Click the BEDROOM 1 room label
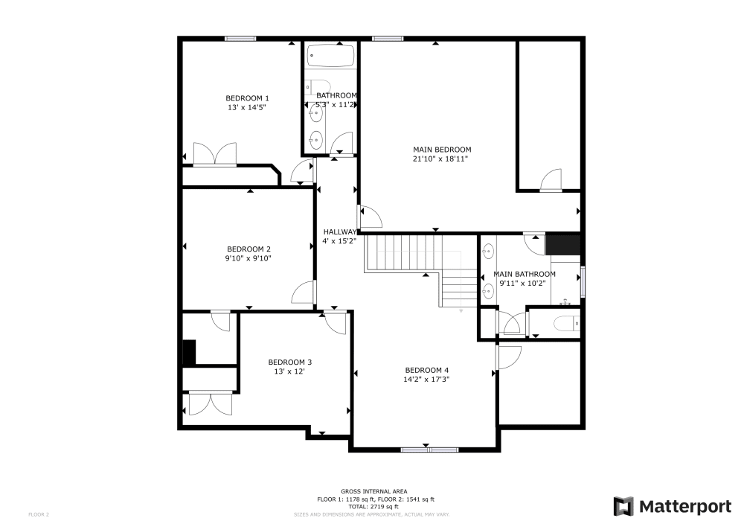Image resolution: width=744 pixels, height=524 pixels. pos(248,98)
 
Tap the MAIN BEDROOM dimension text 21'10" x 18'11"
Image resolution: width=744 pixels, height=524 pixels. pos(442,159)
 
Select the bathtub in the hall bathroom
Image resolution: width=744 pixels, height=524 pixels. pos(332,57)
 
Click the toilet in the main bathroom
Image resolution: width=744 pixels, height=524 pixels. pos(566,323)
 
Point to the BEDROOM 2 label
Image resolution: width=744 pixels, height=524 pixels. pos(248,249)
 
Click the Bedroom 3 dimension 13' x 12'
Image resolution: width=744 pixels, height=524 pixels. pos(290,371)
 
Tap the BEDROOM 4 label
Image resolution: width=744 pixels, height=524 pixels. pos(427,370)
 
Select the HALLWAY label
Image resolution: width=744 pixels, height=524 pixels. pos(339,231)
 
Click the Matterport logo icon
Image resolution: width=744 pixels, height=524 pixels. pos(623,506)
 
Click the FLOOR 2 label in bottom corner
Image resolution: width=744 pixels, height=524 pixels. pos(39,514)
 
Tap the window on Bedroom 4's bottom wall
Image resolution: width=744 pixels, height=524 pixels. pos(429,449)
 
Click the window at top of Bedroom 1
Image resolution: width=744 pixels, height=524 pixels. pos(240,39)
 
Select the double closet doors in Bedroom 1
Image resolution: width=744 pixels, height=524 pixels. pos(215,155)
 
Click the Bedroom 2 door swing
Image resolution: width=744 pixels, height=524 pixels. pos(304,294)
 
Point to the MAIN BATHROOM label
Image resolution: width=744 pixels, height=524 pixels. pos(525,274)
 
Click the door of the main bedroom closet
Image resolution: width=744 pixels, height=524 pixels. pos(551,181)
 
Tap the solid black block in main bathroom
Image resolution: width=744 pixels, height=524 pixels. pos(563,245)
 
